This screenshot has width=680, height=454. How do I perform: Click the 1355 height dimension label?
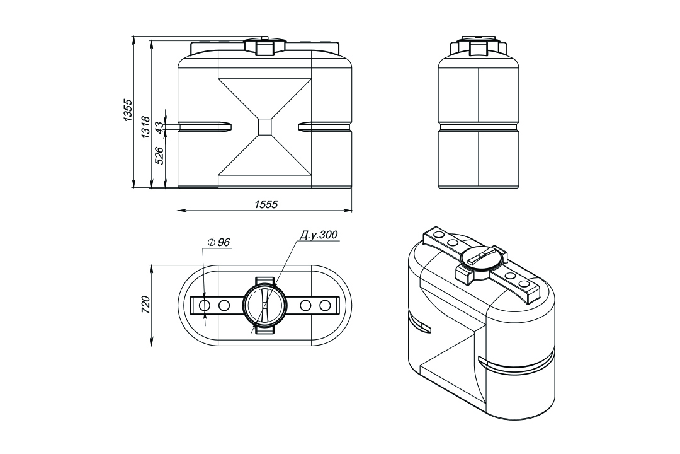[x=127, y=110]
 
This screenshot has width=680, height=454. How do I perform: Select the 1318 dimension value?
[x=145, y=127]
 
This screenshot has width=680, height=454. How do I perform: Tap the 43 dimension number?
[x=159, y=127]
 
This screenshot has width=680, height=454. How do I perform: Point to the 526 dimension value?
[x=159, y=156]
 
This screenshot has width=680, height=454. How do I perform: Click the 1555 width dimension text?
[x=266, y=204]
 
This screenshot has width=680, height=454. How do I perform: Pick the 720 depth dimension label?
[x=145, y=305]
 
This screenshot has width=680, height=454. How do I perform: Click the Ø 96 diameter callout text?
[x=219, y=242]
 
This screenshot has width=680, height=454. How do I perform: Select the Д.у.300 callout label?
[x=319, y=235]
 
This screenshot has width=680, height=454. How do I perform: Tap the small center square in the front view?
[x=265, y=126]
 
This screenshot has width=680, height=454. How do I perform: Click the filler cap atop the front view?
[x=265, y=47]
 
